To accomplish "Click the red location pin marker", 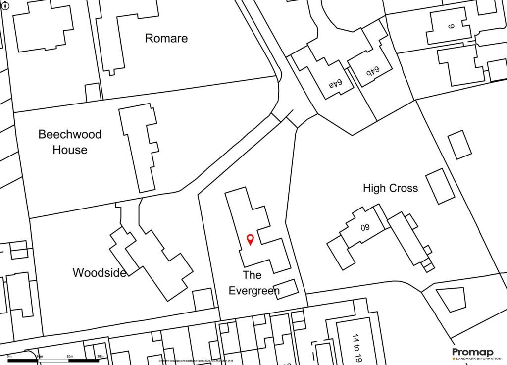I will point(250,239).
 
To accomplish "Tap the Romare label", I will point(166,38).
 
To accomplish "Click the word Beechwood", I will point(70,134).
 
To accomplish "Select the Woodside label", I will point(99,272).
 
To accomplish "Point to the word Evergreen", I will point(254,291).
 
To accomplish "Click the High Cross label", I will point(390,188).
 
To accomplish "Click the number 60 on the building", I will point(365,228).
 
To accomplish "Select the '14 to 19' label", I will point(355,349).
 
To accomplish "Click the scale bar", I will point(54,360).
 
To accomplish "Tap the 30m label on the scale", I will point(100,356).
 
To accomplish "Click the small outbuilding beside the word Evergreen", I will point(286,289).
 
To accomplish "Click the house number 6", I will point(451,26).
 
